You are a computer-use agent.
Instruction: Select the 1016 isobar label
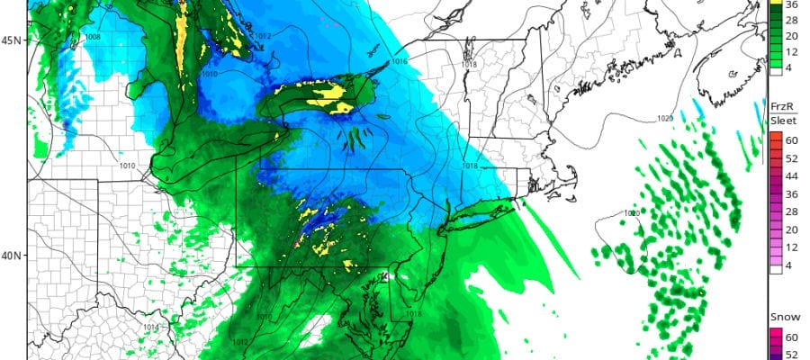[400, 61]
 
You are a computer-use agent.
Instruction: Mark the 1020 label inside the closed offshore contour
[633, 213]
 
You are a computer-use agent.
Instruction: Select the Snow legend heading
[779, 318]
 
